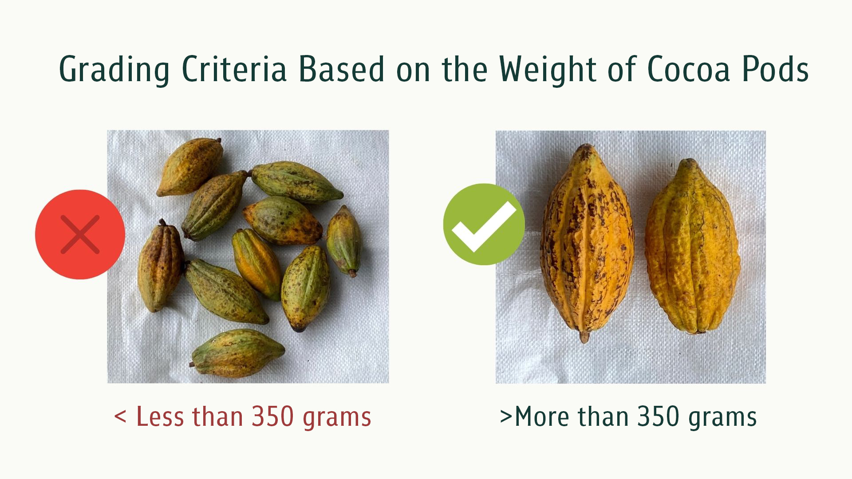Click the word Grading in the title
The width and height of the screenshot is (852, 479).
(114, 69)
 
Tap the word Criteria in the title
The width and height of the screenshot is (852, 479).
(234, 69)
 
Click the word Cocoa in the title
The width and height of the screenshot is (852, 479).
(688, 69)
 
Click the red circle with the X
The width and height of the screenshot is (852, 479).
(80, 234)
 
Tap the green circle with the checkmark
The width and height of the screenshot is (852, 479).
(484, 224)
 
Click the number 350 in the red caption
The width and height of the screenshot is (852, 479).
(272, 416)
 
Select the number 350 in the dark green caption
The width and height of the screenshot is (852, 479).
(659, 416)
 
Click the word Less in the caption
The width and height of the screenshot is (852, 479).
(159, 416)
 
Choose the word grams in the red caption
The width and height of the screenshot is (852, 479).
(337, 419)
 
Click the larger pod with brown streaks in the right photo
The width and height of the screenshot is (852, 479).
(587, 242)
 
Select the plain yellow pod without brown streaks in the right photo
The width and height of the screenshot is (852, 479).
(692, 246)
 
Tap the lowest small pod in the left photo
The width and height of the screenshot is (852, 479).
(237, 353)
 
